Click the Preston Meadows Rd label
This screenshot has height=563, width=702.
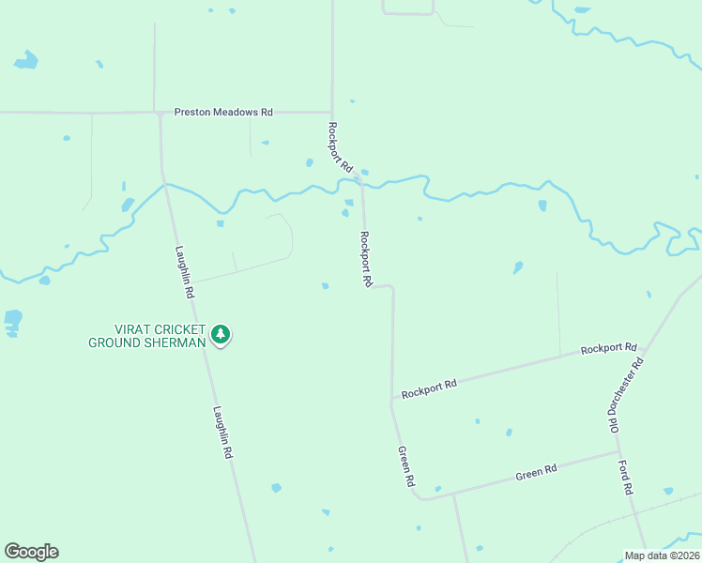tap(223, 112)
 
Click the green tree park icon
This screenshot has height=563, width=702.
tap(221, 334)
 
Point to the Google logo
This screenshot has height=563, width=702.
tap(31, 552)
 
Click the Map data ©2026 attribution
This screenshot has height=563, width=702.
tap(662, 555)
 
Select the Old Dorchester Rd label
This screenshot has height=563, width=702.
tap(626, 394)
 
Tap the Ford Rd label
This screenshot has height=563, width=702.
tap(626, 477)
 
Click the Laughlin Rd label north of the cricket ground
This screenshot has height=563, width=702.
tap(184, 272)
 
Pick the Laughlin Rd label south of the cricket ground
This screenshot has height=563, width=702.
tap(221, 431)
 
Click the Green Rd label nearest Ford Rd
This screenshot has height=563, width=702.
tap(537, 472)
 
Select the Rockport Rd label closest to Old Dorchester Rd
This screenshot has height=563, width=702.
tap(608, 348)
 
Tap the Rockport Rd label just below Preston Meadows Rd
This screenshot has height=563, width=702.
tap(340, 145)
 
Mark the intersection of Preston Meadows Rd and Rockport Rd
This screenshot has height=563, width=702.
tap(331, 112)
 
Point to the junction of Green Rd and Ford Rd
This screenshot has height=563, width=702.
tap(619, 452)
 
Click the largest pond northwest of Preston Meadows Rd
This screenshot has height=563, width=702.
tap(26, 61)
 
